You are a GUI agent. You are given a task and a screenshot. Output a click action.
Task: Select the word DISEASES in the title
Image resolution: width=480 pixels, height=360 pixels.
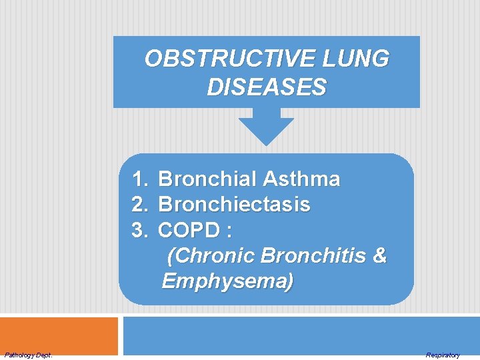[267, 87]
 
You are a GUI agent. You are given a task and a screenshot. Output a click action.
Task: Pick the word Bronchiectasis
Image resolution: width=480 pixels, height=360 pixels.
[234, 205]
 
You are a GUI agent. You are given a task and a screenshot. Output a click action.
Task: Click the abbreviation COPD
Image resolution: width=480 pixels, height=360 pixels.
[189, 231]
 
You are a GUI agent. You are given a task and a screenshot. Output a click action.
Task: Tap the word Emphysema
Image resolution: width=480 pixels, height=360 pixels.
[227, 281]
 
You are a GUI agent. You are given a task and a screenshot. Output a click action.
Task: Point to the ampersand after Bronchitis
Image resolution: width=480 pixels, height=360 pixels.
[379, 256]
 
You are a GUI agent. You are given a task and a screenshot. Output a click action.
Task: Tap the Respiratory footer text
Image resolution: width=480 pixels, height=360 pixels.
[443, 355]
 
